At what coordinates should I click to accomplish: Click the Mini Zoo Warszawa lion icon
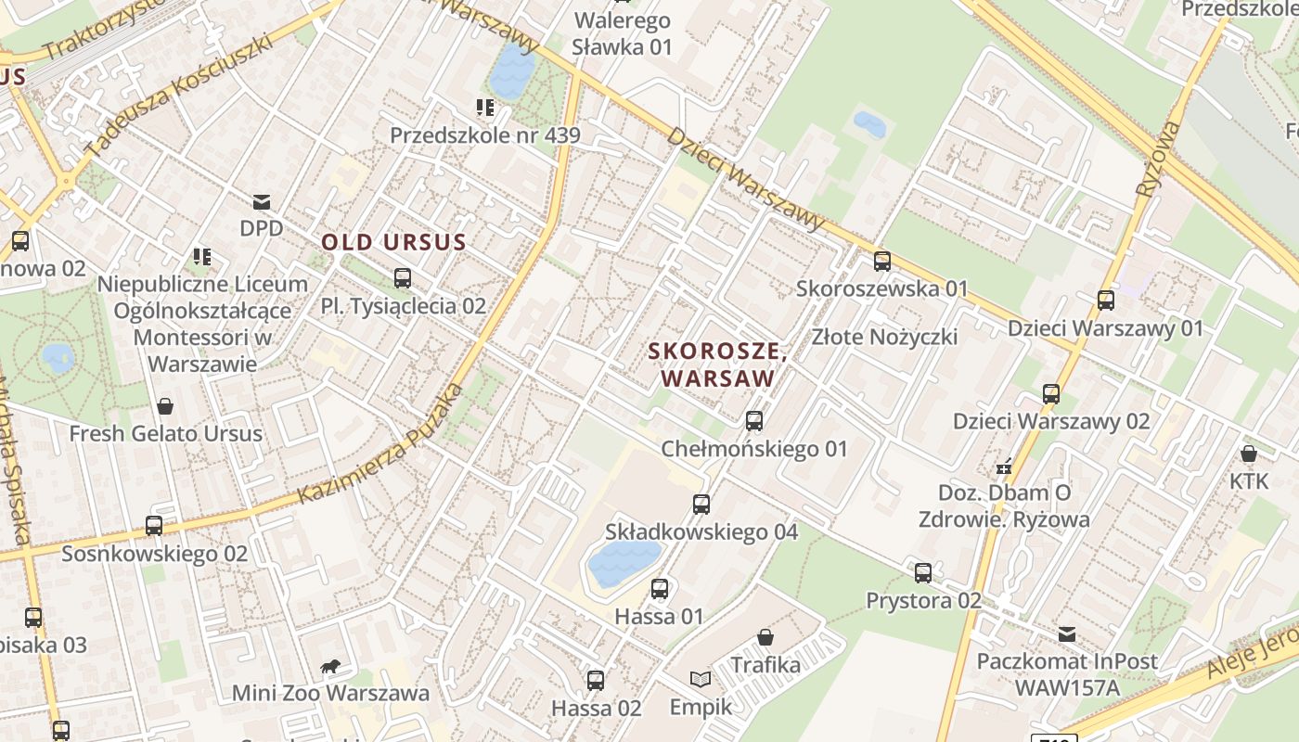tap(329, 666)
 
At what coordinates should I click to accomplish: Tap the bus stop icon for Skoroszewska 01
tap(881, 262)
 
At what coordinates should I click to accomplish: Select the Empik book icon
tap(701, 680)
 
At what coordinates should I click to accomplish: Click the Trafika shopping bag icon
tap(765, 637)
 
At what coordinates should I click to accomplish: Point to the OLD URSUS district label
tap(393, 243)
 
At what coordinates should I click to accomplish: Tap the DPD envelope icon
tap(262, 201)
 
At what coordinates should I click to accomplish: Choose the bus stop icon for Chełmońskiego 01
tap(753, 421)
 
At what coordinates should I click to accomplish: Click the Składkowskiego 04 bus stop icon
tap(701, 505)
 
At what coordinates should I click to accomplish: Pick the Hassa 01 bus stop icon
tap(660, 589)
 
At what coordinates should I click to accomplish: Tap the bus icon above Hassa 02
tap(596, 681)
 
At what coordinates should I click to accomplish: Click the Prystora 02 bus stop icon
tap(923, 573)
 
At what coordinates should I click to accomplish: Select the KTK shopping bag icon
tap(1249, 454)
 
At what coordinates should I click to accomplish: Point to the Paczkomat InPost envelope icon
tap(1067, 634)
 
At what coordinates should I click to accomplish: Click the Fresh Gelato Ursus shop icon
tap(165, 406)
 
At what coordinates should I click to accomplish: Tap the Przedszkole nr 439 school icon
tap(484, 109)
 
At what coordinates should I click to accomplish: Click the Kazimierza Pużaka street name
tap(380, 445)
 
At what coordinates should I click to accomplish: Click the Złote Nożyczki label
tap(884, 336)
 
